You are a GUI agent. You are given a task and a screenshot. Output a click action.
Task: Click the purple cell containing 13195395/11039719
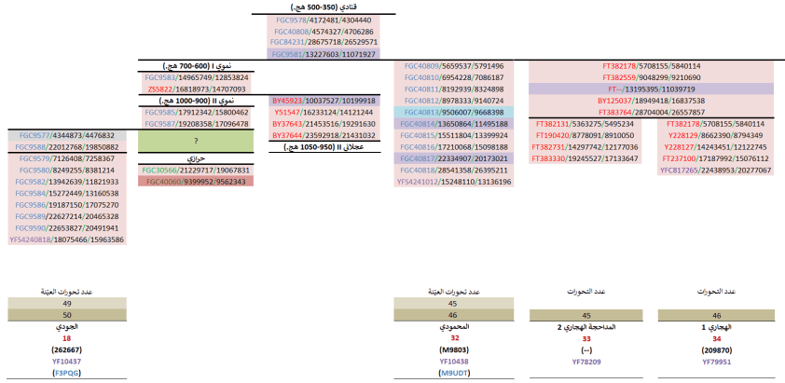[x=652, y=89]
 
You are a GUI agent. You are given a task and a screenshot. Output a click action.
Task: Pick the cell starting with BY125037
[x=652, y=101]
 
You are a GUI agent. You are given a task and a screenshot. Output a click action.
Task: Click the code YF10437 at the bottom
[x=66, y=361]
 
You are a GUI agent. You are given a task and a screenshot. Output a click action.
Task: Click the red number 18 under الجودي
[x=66, y=339]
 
